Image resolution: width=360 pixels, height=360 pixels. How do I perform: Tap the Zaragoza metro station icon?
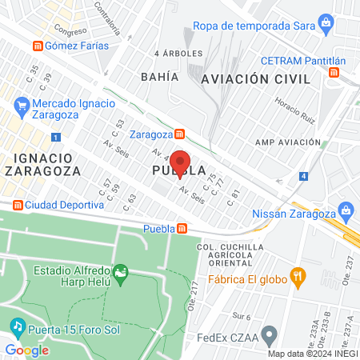pyautogui.click(x=182, y=134)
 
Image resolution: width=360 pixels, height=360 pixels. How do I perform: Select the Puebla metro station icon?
pyautogui.click(x=182, y=229)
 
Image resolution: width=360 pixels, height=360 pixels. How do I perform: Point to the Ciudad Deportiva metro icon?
pyautogui.click(x=18, y=204)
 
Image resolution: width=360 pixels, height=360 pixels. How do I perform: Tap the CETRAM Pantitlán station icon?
pyautogui.click(x=334, y=73)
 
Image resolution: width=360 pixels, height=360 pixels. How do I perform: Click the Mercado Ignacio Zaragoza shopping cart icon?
pyautogui.click(x=21, y=104)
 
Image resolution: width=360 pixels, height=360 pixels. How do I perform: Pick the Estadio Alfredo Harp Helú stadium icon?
pyautogui.click(x=121, y=275)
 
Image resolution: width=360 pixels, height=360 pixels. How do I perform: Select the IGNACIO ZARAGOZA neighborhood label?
pyautogui.click(x=42, y=164)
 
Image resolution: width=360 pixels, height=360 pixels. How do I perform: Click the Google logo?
pyautogui.click(x=26, y=350)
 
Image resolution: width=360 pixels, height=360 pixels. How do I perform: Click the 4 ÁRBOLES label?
pyautogui.click(x=171, y=54)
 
